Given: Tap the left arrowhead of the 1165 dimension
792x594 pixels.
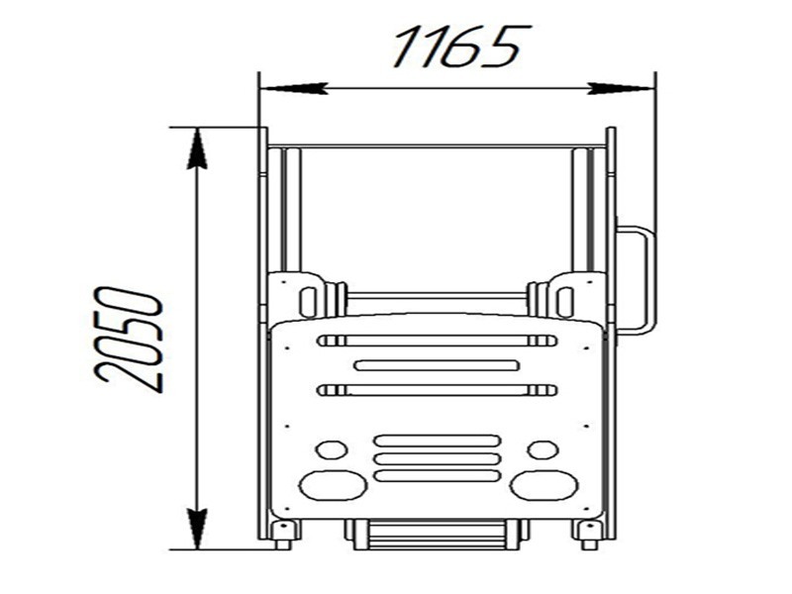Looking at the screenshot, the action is click(295, 88).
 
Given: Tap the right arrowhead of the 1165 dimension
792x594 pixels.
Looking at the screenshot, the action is click(621, 88).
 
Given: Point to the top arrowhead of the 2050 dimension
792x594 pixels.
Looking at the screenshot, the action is click(197, 148).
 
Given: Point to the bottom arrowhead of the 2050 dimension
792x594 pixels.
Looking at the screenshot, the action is click(197, 529).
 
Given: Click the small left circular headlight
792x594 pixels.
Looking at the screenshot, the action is click(331, 449).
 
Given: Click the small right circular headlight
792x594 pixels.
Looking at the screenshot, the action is click(543, 449).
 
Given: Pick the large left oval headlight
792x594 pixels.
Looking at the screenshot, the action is click(333, 485).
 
